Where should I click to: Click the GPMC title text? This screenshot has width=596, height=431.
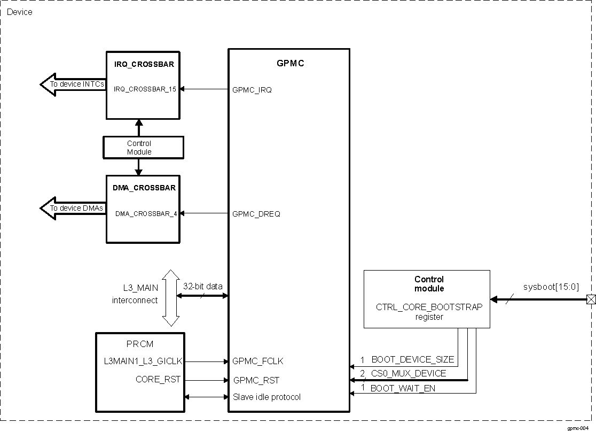(x=291, y=63)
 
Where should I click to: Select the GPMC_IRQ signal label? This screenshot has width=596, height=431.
(x=252, y=90)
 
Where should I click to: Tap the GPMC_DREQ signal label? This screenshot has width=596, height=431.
(x=256, y=214)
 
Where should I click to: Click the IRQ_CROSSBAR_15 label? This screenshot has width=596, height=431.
(x=145, y=89)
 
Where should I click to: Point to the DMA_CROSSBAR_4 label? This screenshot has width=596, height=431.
(x=146, y=214)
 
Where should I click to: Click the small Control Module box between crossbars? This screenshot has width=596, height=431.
(x=139, y=148)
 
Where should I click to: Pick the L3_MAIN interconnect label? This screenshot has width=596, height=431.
(x=136, y=294)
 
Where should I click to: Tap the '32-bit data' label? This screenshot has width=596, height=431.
(x=203, y=286)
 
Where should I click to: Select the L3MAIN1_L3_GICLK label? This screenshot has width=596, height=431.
(x=143, y=361)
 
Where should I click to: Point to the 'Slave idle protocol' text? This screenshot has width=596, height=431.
(x=266, y=397)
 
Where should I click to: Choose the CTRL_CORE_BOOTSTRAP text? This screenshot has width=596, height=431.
(x=429, y=307)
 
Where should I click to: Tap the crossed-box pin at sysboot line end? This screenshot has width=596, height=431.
(x=591, y=299)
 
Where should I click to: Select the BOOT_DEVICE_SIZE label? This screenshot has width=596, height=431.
(x=412, y=359)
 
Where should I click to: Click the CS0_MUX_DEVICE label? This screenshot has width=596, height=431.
(x=409, y=373)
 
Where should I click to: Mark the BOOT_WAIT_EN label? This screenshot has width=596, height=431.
(x=403, y=388)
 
